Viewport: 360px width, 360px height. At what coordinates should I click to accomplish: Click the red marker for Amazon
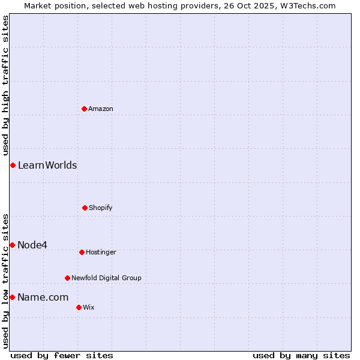pyautogui.click(x=85, y=109)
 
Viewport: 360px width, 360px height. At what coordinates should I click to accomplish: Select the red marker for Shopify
pyautogui.click(x=85, y=208)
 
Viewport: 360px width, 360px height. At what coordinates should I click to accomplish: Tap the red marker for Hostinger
pyautogui.click(x=82, y=252)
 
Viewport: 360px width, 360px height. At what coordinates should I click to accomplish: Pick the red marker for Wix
pyautogui.click(x=79, y=307)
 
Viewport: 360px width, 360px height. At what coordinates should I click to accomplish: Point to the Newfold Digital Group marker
pyautogui.click(x=67, y=278)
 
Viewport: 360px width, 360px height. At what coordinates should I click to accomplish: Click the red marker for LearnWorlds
pyautogui.click(x=13, y=165)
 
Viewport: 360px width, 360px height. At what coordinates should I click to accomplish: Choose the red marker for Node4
pyautogui.click(x=12, y=245)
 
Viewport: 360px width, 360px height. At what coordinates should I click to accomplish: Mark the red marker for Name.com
pyautogui.click(x=12, y=297)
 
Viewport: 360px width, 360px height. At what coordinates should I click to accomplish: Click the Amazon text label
pyautogui.click(x=101, y=109)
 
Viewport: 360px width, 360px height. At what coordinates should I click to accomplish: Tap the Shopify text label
pyautogui.click(x=101, y=208)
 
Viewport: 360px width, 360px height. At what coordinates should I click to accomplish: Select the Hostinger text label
pyautogui.click(x=101, y=252)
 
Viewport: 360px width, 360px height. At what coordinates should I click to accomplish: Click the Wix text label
pyautogui.click(x=89, y=307)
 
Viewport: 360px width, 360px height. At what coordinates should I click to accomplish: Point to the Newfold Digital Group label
pyautogui.click(x=106, y=278)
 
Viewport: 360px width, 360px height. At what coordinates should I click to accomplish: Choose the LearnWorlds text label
pyautogui.click(x=47, y=165)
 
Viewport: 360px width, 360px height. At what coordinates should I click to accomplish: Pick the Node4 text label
pyautogui.click(x=32, y=245)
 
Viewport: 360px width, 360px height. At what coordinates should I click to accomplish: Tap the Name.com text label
pyautogui.click(x=43, y=297)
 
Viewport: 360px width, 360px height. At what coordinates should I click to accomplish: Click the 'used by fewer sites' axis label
pyautogui.click(x=62, y=355)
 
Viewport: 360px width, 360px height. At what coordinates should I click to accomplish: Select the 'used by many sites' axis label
pyautogui.click(x=301, y=355)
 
